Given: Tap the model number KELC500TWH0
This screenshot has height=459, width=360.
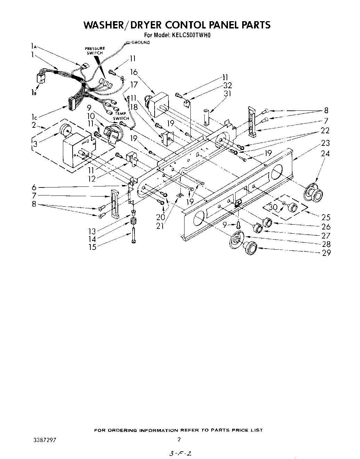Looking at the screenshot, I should click(191, 35).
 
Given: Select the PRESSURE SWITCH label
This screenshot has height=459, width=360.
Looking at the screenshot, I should click(95, 51).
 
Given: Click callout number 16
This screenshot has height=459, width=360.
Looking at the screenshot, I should click(134, 72).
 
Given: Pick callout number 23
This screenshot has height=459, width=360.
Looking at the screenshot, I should click(325, 143).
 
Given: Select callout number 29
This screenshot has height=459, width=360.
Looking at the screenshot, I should click(326, 253).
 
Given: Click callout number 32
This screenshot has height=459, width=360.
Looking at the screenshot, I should click(228, 85).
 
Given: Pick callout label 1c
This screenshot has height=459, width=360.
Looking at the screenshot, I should click(34, 118).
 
